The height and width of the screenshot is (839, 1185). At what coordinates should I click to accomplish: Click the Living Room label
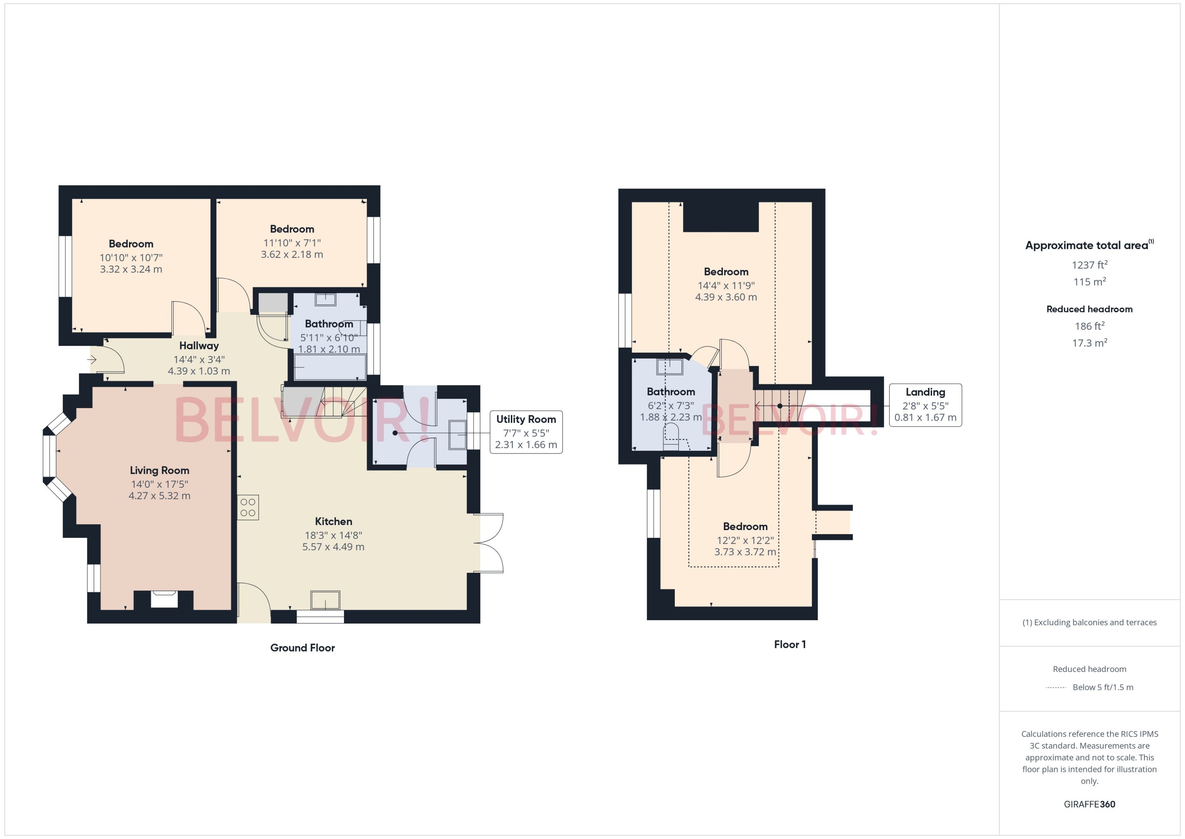[159, 470]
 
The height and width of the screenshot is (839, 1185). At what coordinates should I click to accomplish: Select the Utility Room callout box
[526, 432]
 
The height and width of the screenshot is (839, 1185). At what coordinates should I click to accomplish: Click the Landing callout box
[925, 405]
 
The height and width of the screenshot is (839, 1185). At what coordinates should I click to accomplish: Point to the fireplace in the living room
[164, 599]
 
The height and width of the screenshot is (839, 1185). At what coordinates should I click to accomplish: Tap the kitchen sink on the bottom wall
[325, 600]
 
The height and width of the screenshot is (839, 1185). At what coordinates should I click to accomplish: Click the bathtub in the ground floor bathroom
[329, 367]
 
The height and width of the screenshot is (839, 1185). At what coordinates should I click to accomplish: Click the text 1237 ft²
[1089, 265]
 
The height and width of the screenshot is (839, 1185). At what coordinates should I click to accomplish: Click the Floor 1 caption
[790, 644]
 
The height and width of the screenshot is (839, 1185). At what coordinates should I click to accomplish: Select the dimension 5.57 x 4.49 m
[333, 547]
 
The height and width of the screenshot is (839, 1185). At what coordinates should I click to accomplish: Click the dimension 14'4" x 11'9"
[726, 285]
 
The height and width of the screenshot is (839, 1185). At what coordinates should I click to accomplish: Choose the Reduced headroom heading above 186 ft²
[1089, 309]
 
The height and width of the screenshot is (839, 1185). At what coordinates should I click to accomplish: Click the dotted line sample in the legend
[1055, 688]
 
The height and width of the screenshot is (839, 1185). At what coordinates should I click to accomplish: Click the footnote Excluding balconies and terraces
[1089, 623]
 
